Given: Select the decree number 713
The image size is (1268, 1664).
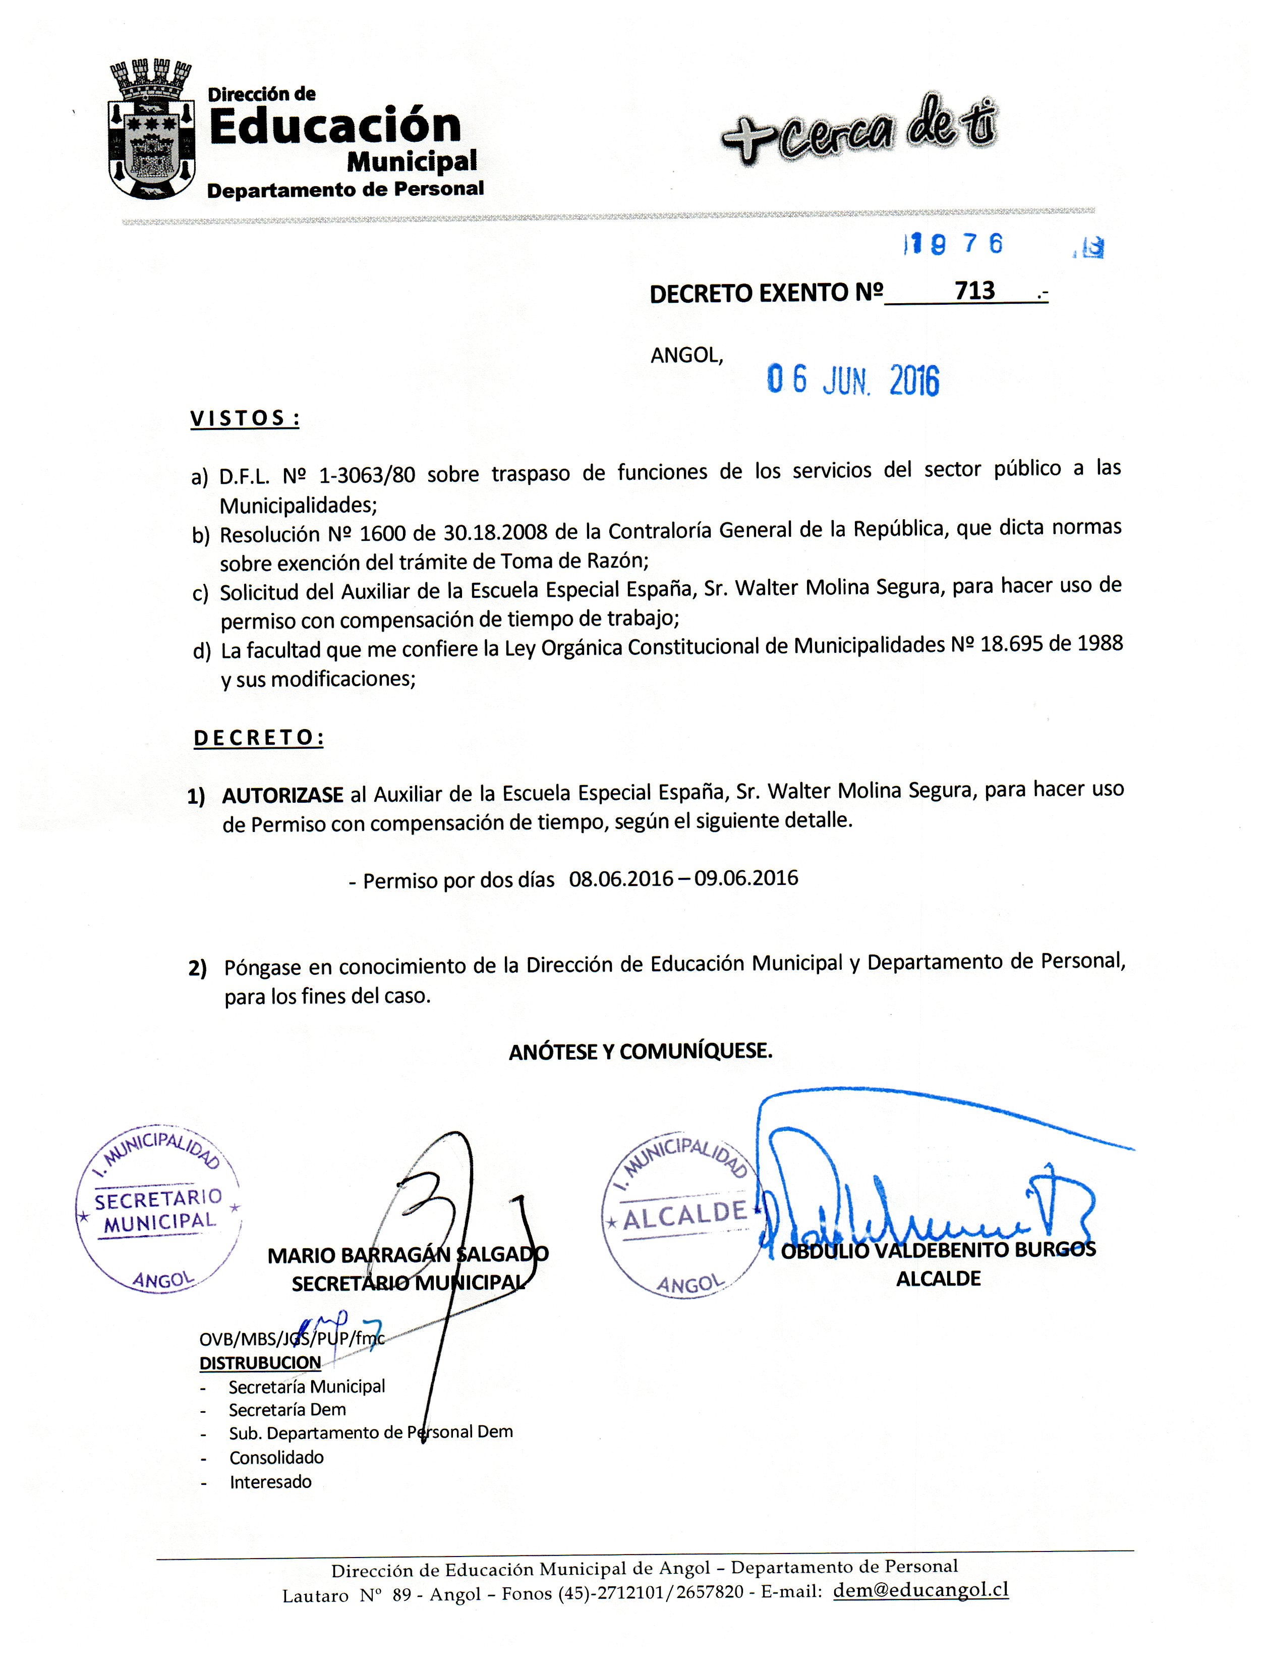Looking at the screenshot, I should click(x=974, y=291).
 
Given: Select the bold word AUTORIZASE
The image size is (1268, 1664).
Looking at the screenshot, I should click(x=283, y=797).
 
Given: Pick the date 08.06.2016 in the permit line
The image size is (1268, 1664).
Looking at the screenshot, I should click(x=620, y=879).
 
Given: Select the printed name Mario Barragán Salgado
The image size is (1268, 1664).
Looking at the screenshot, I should click(x=408, y=1255).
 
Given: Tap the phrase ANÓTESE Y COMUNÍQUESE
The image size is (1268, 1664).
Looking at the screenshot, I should click(x=641, y=1051).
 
